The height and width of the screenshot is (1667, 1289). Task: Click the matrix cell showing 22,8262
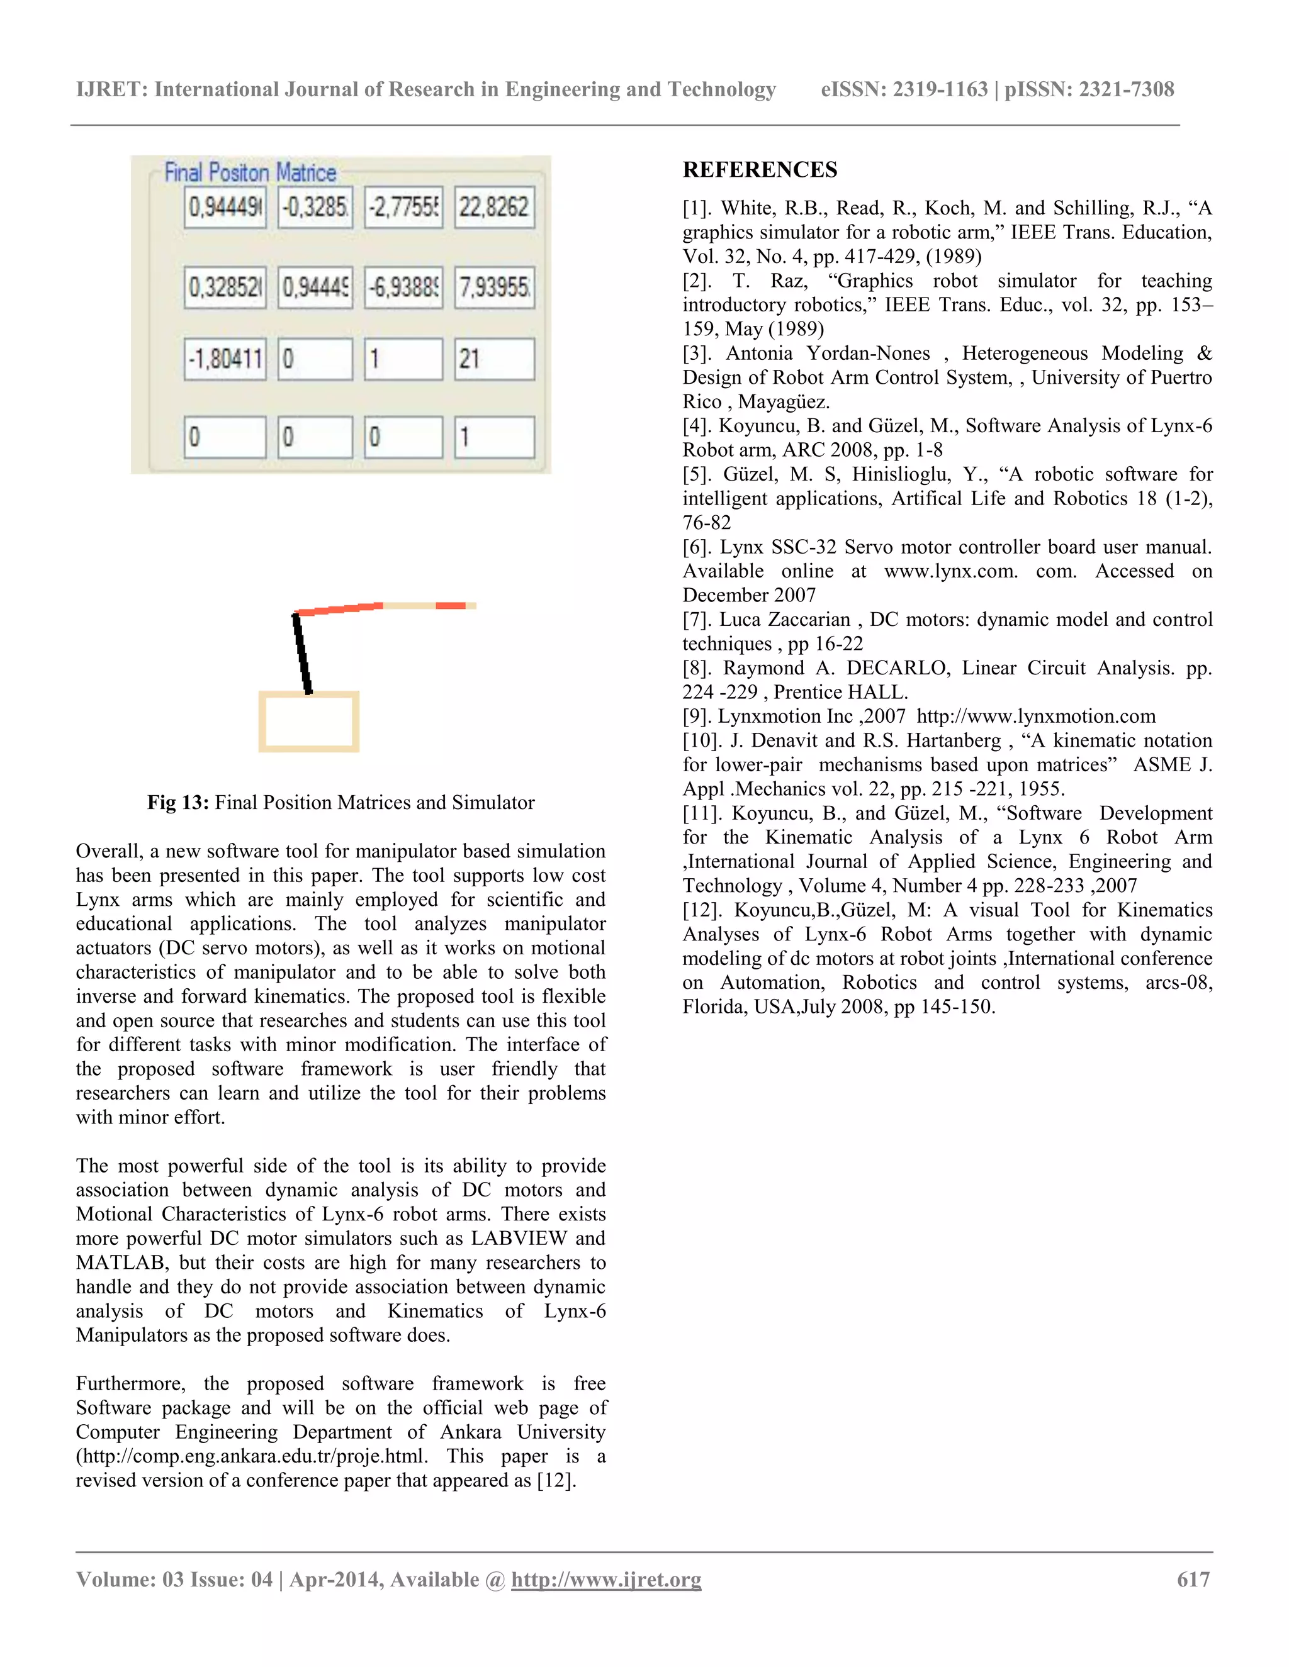494,207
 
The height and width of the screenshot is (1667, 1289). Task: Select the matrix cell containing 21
494,359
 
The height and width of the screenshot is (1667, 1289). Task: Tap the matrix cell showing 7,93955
494,287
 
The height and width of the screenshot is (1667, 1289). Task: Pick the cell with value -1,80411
225,359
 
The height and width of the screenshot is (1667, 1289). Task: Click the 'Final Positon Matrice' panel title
250,172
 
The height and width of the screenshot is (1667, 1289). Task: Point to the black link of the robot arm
302,654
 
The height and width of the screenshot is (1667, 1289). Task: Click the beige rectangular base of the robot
308,722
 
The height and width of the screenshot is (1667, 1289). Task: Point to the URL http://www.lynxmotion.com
1035,716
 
